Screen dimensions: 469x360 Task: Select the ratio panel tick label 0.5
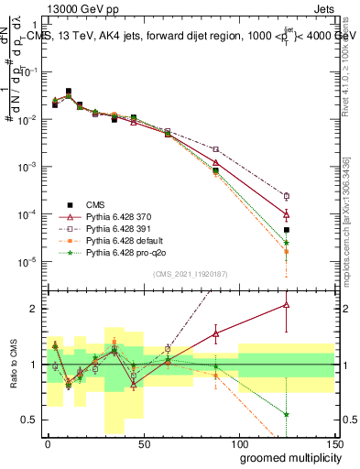(x=31, y=420)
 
